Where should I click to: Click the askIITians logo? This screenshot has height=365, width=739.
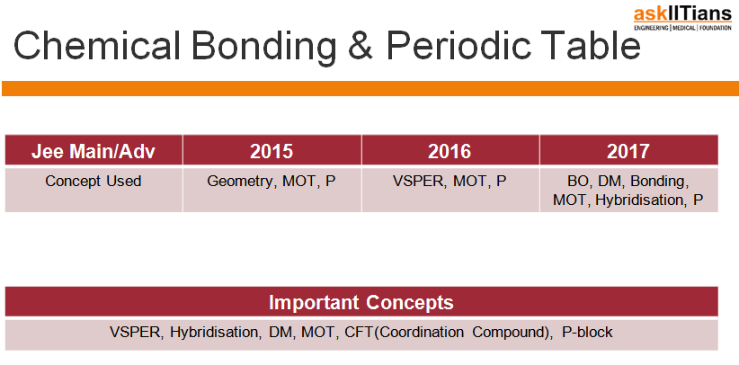682,18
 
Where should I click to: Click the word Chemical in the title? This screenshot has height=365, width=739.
97,46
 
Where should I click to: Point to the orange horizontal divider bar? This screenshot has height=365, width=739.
370,88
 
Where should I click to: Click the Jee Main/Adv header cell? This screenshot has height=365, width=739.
93,150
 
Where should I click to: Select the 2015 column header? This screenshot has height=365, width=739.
272,150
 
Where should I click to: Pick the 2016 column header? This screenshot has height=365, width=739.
450,150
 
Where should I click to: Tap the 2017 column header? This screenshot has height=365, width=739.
628,150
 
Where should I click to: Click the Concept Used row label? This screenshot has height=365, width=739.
93,181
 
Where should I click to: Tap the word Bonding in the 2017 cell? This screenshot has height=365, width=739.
660,182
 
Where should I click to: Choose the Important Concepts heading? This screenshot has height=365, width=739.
361,302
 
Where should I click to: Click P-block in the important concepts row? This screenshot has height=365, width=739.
587,332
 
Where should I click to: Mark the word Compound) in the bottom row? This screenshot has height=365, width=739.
512,333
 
